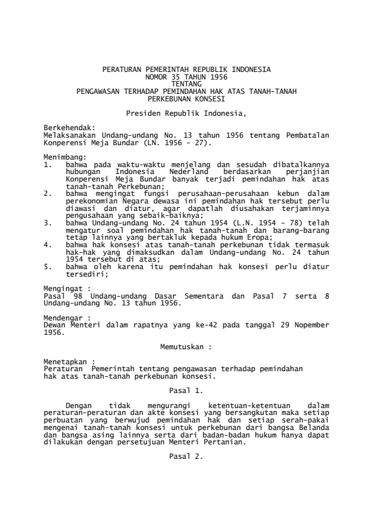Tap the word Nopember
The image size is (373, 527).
click(x=307, y=325)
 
